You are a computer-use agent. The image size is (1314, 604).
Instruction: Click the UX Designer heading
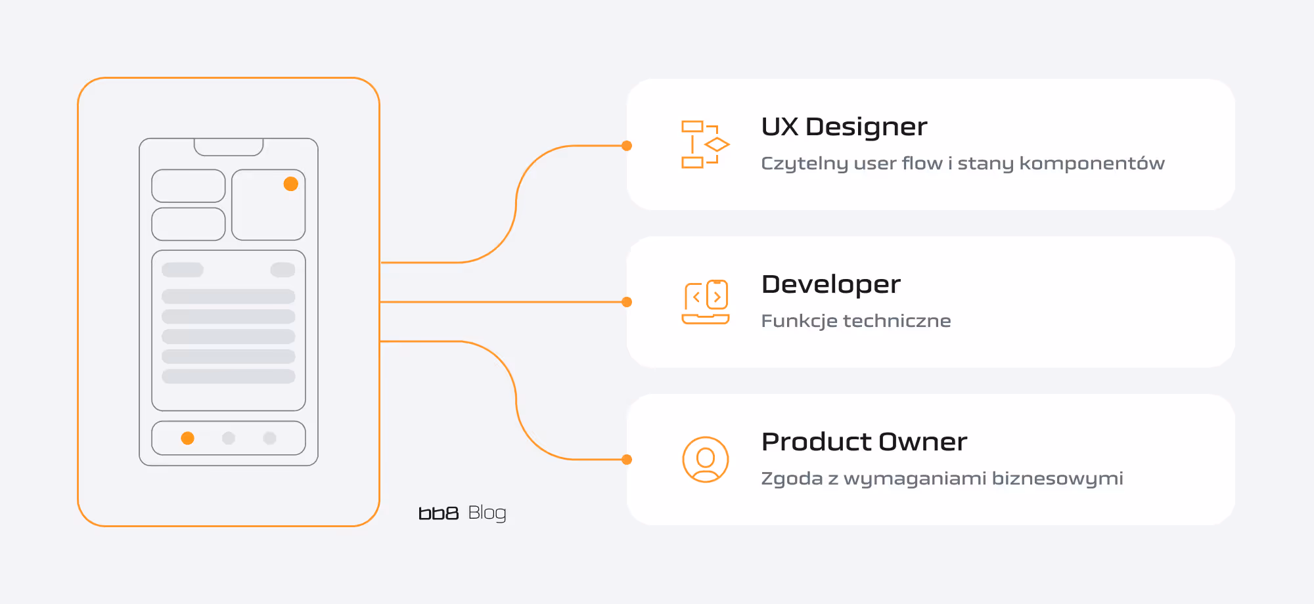pos(844,127)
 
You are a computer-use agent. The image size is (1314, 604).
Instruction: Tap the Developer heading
pos(830,284)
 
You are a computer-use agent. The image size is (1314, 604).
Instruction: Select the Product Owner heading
pos(864,442)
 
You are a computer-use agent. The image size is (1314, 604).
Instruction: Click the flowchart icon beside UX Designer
pos(705,144)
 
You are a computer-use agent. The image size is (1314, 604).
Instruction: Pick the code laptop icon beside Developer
pos(706,302)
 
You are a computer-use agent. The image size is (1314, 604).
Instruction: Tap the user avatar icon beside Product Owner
pos(706,460)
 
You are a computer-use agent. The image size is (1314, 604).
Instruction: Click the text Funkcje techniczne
pos(855,321)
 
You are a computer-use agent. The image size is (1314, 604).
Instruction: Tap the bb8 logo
pos(438,513)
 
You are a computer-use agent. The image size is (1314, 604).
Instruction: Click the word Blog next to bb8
pos(487,513)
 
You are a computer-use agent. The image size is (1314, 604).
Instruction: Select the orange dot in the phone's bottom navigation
pos(188,438)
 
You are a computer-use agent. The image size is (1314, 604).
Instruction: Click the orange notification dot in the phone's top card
pos(291,184)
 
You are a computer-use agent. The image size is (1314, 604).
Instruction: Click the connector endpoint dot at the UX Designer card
pos(627,146)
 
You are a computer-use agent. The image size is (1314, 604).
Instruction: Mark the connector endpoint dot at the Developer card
pos(627,302)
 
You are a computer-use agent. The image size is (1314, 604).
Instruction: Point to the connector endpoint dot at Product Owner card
pos(627,460)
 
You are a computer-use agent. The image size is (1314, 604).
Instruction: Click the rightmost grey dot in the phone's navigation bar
pos(269,438)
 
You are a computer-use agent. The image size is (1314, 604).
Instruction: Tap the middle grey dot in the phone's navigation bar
pos(229,438)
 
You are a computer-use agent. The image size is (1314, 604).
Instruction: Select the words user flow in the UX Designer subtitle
pos(897,163)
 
